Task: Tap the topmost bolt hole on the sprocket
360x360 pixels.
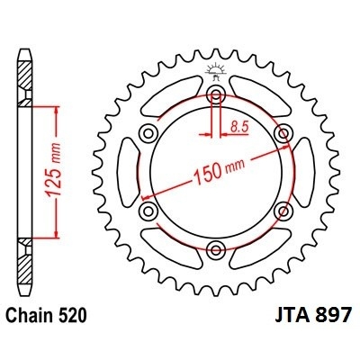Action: click(216, 95)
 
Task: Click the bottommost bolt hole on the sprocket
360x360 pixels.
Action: click(216, 249)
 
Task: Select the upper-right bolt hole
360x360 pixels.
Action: click(283, 134)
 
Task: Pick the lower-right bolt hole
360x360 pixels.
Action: click(283, 211)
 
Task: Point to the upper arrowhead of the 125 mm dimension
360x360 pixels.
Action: click(58, 108)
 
